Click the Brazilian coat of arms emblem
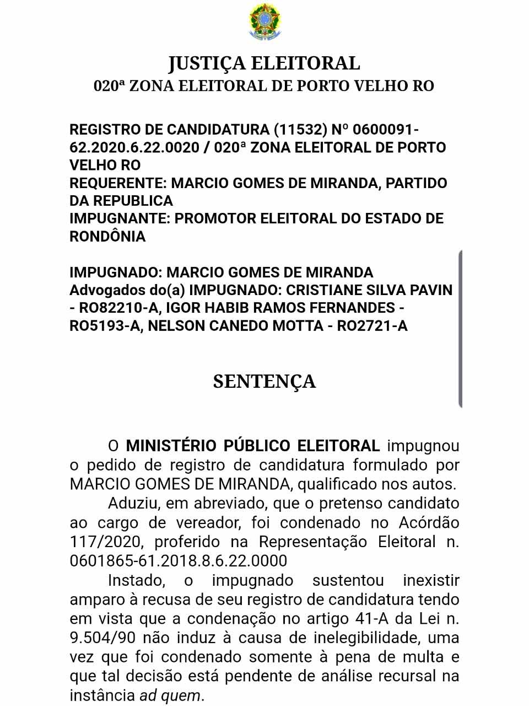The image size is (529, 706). [x=264, y=22]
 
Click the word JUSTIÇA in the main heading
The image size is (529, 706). [x=207, y=63]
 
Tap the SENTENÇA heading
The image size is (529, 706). [x=264, y=381]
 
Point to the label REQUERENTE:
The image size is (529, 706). [x=118, y=183]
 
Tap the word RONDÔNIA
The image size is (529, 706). [x=107, y=236]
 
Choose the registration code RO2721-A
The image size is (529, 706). [x=372, y=326]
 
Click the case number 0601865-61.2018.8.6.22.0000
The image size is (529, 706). [x=179, y=561]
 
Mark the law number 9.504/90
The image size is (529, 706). [x=102, y=638]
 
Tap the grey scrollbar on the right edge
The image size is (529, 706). [x=460, y=329]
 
